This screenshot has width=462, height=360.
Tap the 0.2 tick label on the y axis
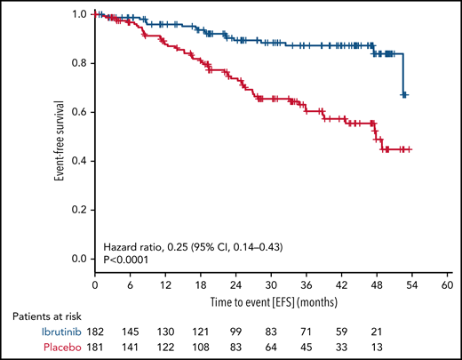(x=78, y=210)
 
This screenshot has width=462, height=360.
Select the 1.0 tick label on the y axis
(x=78, y=15)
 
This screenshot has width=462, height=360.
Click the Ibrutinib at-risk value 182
(x=95, y=328)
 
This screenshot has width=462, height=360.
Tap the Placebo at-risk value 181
(x=95, y=343)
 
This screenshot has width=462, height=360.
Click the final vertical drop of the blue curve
(x=403, y=74)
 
